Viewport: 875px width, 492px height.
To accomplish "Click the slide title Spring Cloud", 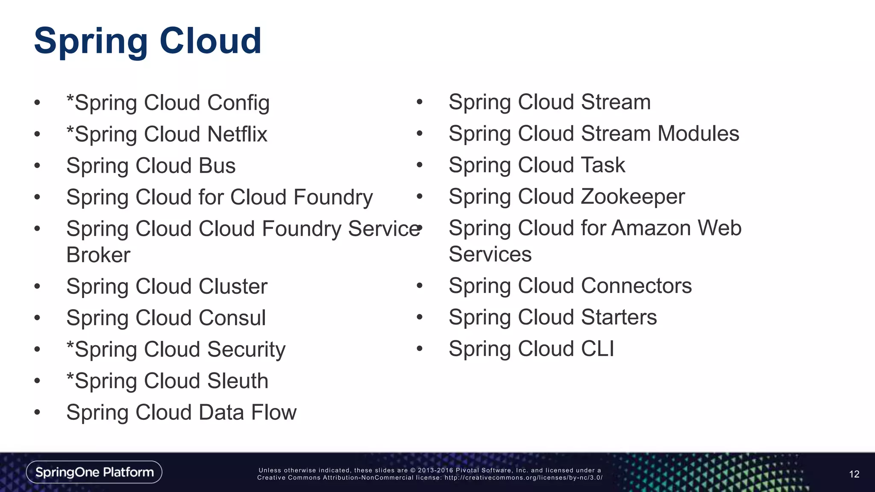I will coord(147,41).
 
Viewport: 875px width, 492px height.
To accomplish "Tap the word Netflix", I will coord(237,135).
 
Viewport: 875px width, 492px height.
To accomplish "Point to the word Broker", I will coord(98,255).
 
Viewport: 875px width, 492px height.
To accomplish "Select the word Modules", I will coord(698,134).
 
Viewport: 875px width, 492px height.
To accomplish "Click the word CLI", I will coord(597,349).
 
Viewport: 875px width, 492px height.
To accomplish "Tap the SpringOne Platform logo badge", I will coord(94,472).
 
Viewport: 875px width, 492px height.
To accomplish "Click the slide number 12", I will coord(854,474).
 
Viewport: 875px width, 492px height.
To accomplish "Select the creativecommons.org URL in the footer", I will coord(523,478).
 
